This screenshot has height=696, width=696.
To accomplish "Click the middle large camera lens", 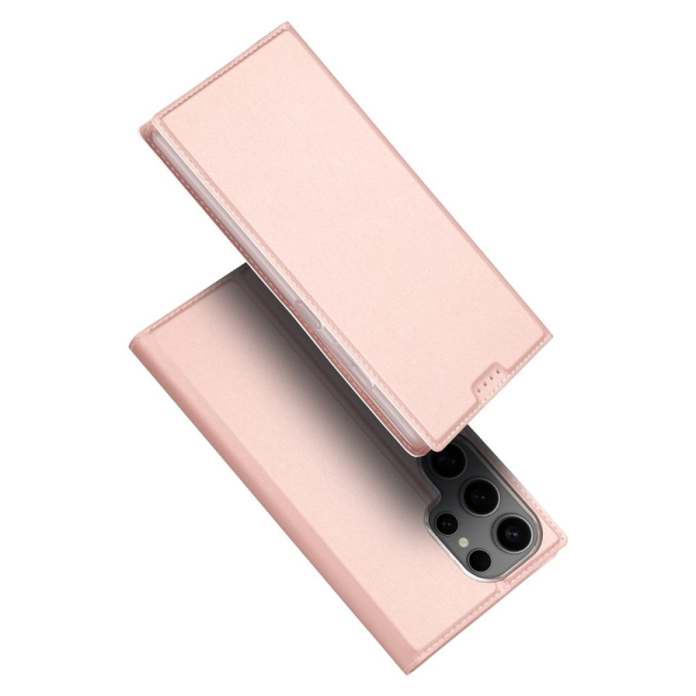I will [x=480, y=494].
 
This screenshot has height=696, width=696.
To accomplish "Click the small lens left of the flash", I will [x=446, y=523].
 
